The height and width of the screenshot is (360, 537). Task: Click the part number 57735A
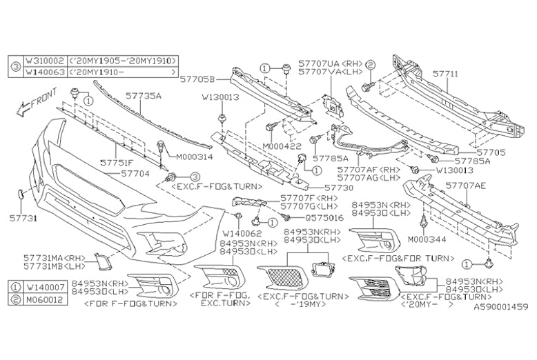point(144,97)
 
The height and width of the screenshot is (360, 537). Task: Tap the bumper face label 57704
point(135,174)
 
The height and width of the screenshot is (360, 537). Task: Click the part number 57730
point(322,187)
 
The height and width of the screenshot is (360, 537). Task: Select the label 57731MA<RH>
point(48,257)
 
